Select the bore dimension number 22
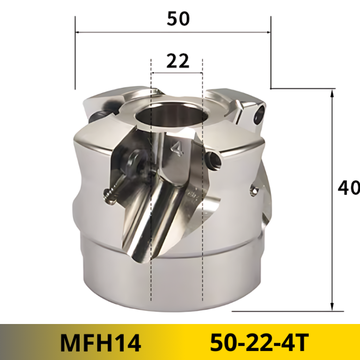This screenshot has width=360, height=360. click(177, 61)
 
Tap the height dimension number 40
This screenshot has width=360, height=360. click(348, 188)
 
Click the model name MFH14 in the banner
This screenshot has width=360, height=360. click(101, 342)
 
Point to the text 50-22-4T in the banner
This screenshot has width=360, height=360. click(259, 342)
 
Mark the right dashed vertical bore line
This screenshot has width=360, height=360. click(203, 216)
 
